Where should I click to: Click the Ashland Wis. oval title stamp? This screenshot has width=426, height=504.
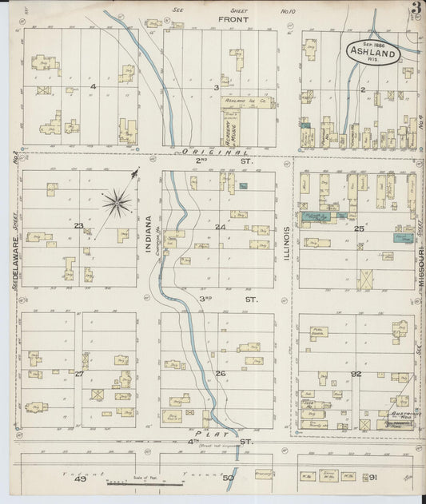pos(373,50)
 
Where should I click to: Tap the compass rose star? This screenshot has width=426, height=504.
pos(117,202)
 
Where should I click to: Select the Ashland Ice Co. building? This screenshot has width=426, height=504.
pos(248,103)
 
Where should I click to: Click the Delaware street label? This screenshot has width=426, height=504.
pos(15,248)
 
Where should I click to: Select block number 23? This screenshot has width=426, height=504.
pos(78,226)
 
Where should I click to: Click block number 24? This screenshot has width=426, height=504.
pos(220,227)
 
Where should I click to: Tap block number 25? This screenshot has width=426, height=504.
pos(360,228)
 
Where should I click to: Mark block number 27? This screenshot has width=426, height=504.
pos(79,373)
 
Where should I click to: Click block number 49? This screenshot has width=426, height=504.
pos(79,478)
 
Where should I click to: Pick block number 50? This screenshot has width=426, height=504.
pos(228,478)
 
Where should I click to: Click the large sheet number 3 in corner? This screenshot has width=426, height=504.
pos(416,9)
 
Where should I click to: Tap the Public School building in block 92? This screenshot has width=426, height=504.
pos(319,331)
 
